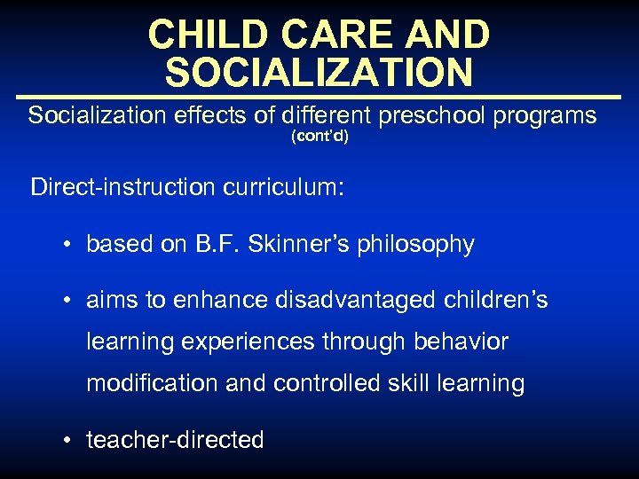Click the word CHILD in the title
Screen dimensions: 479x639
coord(198,35)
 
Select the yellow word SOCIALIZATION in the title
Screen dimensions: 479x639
coord(319,73)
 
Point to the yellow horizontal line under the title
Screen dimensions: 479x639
coord(319,97)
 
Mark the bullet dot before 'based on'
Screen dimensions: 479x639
coord(67,245)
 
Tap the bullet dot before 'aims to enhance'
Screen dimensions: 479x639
coord(67,302)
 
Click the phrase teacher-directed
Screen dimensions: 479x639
coord(175,440)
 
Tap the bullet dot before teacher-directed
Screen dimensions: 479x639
coord(67,440)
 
